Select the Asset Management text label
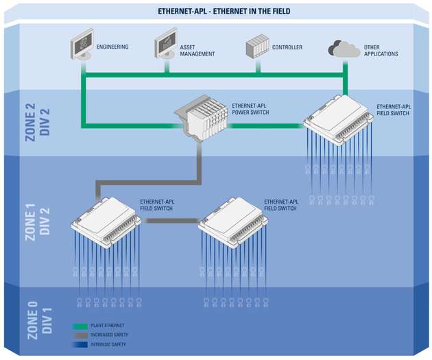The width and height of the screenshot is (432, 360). (x=197, y=50)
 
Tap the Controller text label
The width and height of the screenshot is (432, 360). (x=288, y=48)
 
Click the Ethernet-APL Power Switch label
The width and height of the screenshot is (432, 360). (x=251, y=109)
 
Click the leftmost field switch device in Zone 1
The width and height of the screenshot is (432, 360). (x=106, y=221)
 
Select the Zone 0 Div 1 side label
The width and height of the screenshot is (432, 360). (x=36, y=316)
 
